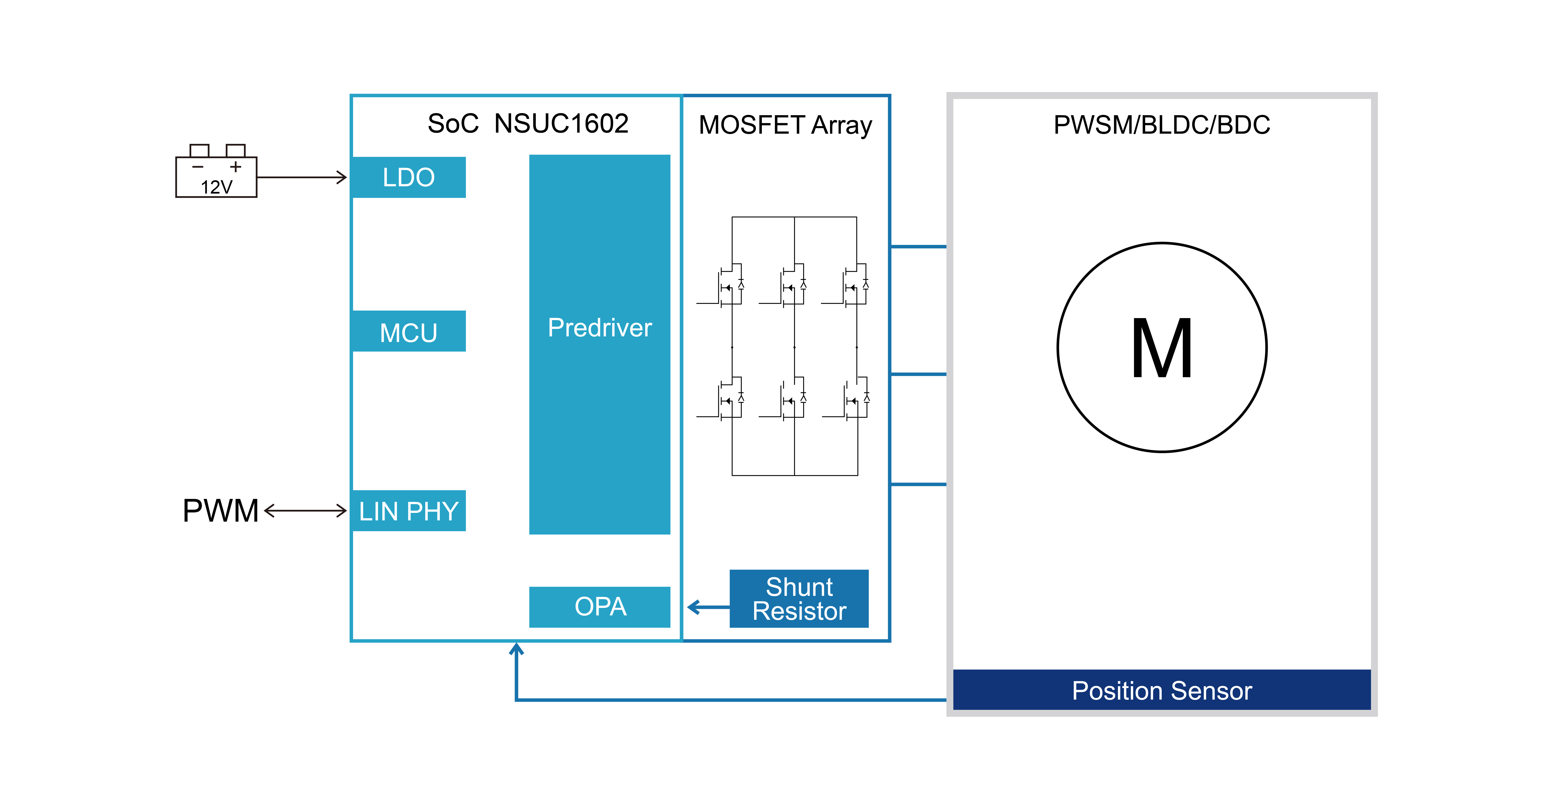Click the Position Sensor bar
1161,690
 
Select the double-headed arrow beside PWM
305,511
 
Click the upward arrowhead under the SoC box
516,649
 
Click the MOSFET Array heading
785,125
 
